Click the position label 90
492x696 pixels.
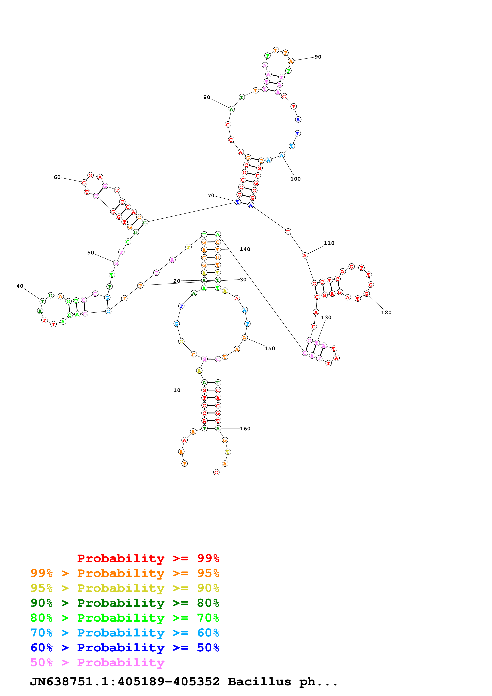click(318, 57)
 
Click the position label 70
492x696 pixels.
click(211, 195)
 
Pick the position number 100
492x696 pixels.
click(295, 179)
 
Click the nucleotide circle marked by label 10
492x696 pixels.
click(204, 390)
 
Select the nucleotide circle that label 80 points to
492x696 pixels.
click(231, 109)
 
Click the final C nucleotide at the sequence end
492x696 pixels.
click(216, 472)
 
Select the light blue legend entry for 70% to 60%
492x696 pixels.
click(125, 633)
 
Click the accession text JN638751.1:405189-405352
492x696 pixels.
click(125, 682)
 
